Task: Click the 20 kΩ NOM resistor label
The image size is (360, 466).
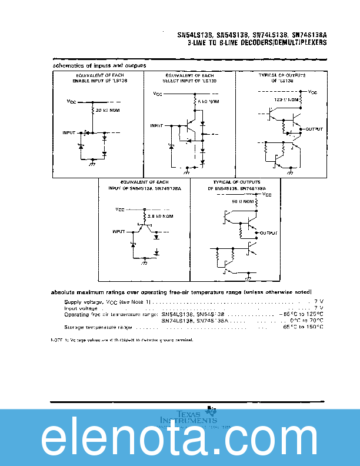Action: click(108, 111)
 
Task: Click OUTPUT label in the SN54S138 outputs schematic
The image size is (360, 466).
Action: click(268, 234)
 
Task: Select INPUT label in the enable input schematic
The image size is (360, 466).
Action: click(69, 133)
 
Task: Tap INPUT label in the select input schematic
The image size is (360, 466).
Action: click(156, 125)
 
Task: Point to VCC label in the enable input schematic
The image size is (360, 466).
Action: click(71, 102)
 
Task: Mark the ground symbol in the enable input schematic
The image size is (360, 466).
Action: click(92, 164)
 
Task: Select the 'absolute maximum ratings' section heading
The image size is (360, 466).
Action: click(182, 292)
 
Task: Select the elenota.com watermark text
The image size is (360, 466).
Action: click(180, 438)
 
